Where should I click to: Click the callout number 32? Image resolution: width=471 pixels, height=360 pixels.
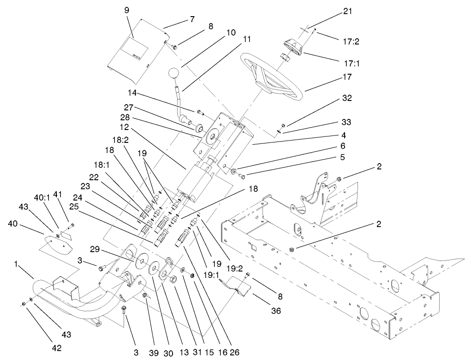coord(347,99)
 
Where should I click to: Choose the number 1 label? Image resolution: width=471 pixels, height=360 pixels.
coord(17,264)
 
